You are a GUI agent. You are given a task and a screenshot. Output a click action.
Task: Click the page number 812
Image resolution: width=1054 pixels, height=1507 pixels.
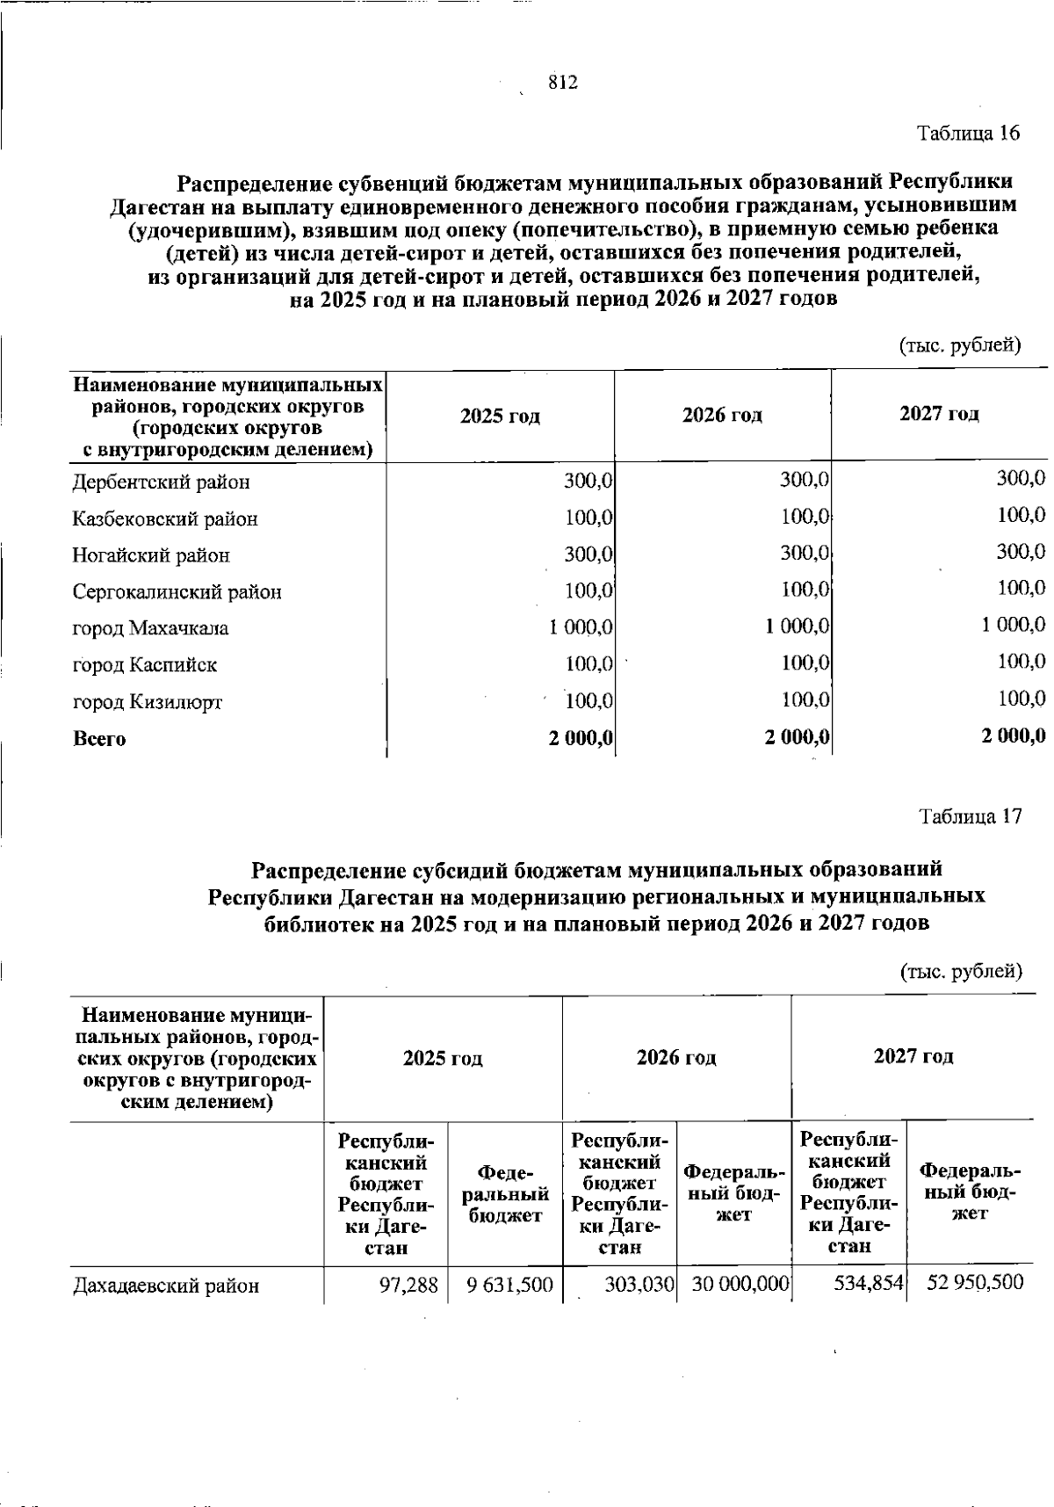click(562, 83)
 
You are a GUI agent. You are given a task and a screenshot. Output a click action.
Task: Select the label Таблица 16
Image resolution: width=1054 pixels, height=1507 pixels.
click(969, 134)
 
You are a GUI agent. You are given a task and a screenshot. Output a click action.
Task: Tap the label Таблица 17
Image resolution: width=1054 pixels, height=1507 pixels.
click(970, 816)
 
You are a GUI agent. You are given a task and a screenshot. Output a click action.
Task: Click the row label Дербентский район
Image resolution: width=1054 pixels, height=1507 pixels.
click(161, 482)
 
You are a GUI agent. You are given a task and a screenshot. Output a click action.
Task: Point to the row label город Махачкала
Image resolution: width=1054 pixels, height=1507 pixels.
click(150, 628)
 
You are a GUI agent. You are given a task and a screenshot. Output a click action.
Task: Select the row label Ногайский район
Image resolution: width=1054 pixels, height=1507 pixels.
click(151, 555)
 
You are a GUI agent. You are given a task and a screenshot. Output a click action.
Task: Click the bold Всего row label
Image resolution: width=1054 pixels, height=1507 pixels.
click(98, 739)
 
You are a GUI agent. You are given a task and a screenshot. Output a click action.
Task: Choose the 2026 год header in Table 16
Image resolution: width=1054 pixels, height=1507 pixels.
click(722, 415)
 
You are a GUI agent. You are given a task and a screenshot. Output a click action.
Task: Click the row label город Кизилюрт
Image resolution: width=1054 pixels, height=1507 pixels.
click(147, 702)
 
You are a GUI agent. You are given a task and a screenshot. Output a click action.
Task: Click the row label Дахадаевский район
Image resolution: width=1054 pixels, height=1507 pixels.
click(166, 1286)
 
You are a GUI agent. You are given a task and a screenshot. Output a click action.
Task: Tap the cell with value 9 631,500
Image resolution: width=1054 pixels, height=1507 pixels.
click(509, 1285)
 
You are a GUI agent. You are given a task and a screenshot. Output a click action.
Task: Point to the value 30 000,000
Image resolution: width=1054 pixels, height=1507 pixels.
click(740, 1285)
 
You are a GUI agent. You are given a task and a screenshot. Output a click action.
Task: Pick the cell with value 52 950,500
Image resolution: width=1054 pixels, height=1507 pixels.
click(975, 1283)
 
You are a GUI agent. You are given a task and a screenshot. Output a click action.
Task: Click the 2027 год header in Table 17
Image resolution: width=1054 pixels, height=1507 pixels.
click(913, 1056)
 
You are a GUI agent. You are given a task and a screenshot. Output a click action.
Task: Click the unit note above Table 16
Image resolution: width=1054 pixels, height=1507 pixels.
click(959, 345)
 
